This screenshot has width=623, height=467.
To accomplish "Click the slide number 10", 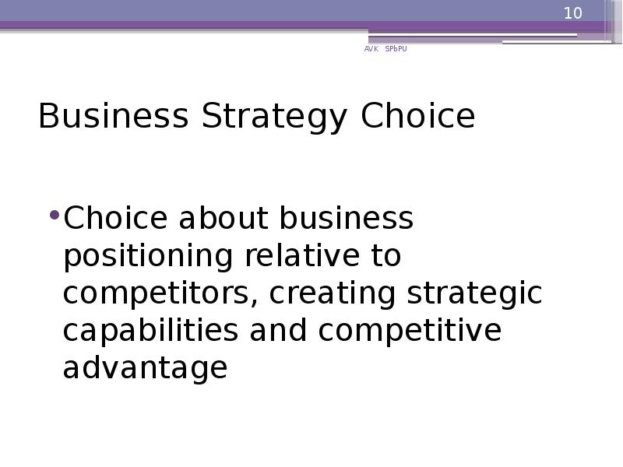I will click(573, 13).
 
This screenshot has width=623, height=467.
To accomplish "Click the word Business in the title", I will click(113, 117).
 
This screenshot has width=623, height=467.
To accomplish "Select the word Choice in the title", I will click(417, 117).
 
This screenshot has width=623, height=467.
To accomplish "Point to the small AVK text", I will click(371, 49).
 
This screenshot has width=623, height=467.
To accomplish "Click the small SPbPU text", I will click(396, 49).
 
